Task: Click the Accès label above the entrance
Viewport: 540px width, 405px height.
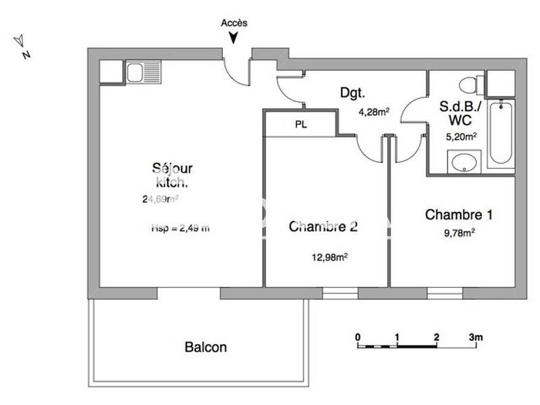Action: pyautogui.click(x=234, y=22)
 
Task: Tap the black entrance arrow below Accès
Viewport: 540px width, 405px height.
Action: pyautogui.click(x=234, y=38)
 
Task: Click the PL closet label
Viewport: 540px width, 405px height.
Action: pyautogui.click(x=300, y=125)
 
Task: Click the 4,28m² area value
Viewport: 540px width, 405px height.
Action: pyautogui.click(x=374, y=113)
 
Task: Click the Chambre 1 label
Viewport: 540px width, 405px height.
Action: pyautogui.click(x=458, y=215)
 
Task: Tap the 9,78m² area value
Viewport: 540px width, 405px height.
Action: pyautogui.click(x=458, y=233)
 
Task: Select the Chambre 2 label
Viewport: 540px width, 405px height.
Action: pyautogui.click(x=323, y=227)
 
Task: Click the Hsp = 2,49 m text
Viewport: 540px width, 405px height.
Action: pyautogui.click(x=180, y=228)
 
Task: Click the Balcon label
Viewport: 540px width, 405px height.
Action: pyautogui.click(x=205, y=348)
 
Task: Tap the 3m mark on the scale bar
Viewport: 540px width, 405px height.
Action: pyautogui.click(x=477, y=336)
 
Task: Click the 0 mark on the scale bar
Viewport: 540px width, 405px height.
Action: pyautogui.click(x=358, y=336)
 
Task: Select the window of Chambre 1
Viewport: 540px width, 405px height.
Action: pyautogui.click(x=444, y=293)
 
